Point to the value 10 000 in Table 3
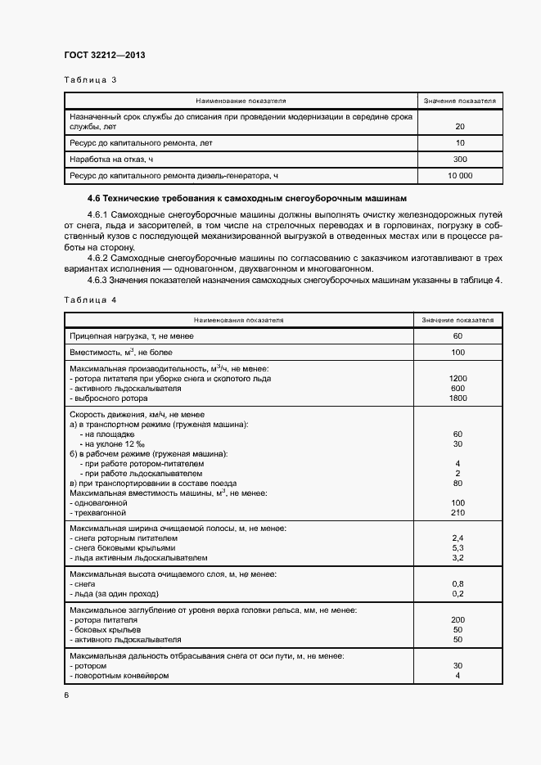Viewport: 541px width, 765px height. (x=459, y=176)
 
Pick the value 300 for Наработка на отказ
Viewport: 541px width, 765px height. (x=459, y=160)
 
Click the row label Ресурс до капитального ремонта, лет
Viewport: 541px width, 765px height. (x=141, y=143)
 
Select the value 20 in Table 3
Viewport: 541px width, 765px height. (x=459, y=127)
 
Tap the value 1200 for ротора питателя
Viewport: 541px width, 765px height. (x=458, y=379)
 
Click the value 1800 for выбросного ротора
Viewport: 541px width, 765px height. (x=458, y=398)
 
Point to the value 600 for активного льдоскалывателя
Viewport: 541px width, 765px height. (x=458, y=389)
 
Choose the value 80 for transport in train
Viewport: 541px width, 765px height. (x=458, y=484)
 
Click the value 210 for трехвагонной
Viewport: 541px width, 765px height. (x=458, y=513)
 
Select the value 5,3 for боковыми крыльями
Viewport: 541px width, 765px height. (x=458, y=548)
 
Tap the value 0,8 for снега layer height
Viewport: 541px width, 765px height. (x=458, y=584)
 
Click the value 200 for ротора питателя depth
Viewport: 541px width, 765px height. (x=458, y=620)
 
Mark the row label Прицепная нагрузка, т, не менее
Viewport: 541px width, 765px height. (x=132, y=336)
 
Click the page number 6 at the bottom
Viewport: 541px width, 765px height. (x=67, y=695)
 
